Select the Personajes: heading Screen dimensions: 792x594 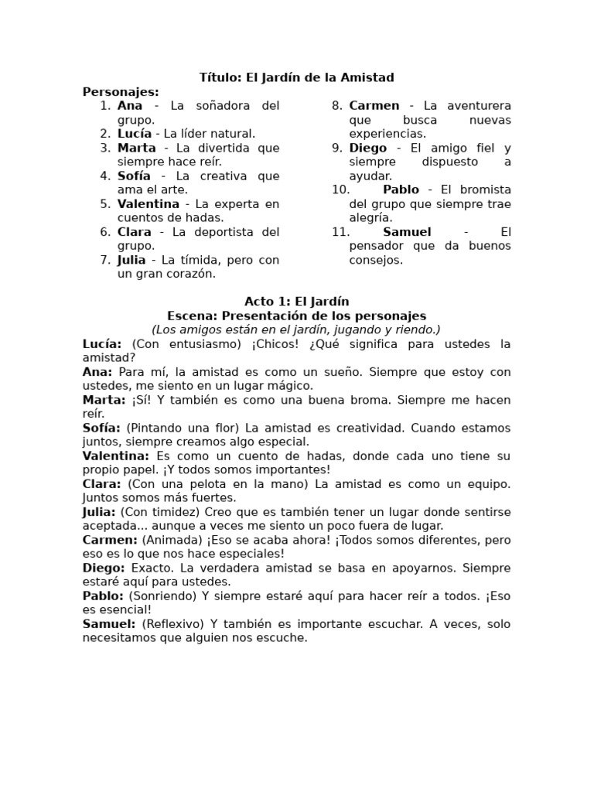pos(121,92)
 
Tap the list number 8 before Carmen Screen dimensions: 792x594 pos(337,106)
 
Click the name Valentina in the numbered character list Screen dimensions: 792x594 pos(148,204)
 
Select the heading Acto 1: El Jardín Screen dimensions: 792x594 pos(297,302)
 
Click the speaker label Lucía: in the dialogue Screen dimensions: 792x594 pos(102,343)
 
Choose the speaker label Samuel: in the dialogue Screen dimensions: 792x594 pos(109,624)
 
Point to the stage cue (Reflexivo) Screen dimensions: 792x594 pos(173,624)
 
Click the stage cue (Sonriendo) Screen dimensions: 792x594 pos(162,596)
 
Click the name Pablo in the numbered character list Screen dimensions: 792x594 pos(401,190)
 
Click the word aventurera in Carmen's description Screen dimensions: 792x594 pos(476,106)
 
